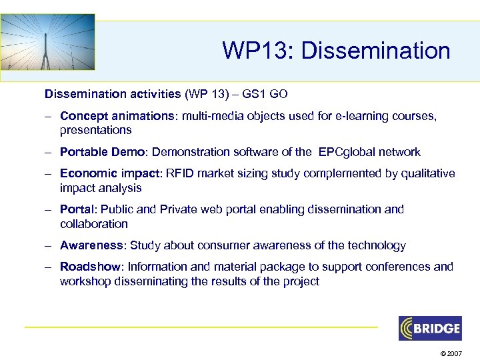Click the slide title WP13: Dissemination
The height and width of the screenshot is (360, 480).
coord(336,51)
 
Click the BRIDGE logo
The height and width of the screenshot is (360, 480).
coord(430,328)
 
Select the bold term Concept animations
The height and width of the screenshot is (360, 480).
coord(116,116)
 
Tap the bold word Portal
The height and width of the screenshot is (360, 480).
coord(76,209)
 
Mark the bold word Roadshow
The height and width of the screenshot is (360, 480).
coord(91,267)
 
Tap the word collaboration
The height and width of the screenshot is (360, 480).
coord(93,224)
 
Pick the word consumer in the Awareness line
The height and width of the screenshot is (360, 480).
coord(239,245)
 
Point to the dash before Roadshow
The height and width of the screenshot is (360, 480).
coord(49,267)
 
